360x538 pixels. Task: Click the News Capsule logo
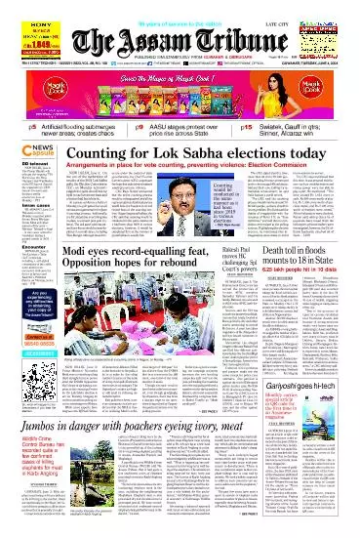click(24, 136)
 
